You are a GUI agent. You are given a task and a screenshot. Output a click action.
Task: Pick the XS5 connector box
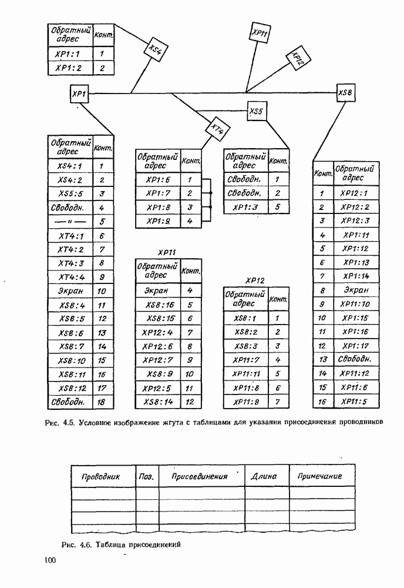tap(256, 110)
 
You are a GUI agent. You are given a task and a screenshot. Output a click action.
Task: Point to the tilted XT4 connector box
tap(217, 128)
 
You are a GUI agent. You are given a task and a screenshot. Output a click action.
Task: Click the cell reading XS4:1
tap(70, 166)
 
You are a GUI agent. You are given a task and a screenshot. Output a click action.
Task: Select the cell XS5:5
tap(70, 193)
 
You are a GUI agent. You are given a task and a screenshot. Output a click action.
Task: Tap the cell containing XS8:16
tap(158, 305)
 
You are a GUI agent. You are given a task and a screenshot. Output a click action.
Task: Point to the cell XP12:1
tap(355, 193)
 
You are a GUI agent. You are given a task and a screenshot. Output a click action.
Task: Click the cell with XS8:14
tap(158, 402)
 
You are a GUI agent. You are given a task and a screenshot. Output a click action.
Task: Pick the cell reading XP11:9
tap(245, 402)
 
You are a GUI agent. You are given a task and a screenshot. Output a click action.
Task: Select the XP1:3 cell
tap(245, 207)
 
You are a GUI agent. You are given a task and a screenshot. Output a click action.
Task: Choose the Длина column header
tap(264, 476)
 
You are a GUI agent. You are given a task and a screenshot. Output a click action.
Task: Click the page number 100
tap(49, 561)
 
